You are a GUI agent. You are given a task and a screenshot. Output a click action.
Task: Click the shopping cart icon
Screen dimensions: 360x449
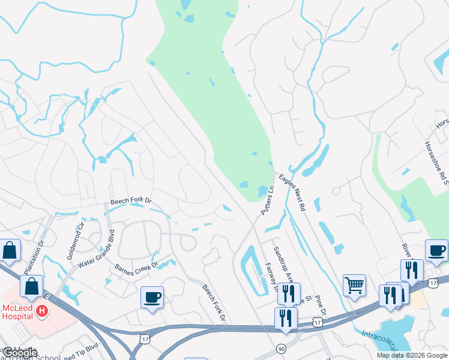(354, 285)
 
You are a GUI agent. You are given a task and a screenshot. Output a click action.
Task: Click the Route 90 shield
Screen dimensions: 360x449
(281, 349)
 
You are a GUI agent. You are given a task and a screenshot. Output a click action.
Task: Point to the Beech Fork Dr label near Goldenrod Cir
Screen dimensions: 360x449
(131, 204)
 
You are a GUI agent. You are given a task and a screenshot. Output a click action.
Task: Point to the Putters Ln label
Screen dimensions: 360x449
(267, 201)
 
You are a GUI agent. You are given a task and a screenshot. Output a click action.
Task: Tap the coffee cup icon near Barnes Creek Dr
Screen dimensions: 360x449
(151, 297)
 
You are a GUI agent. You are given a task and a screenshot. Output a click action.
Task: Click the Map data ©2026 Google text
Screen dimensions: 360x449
(412, 356)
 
